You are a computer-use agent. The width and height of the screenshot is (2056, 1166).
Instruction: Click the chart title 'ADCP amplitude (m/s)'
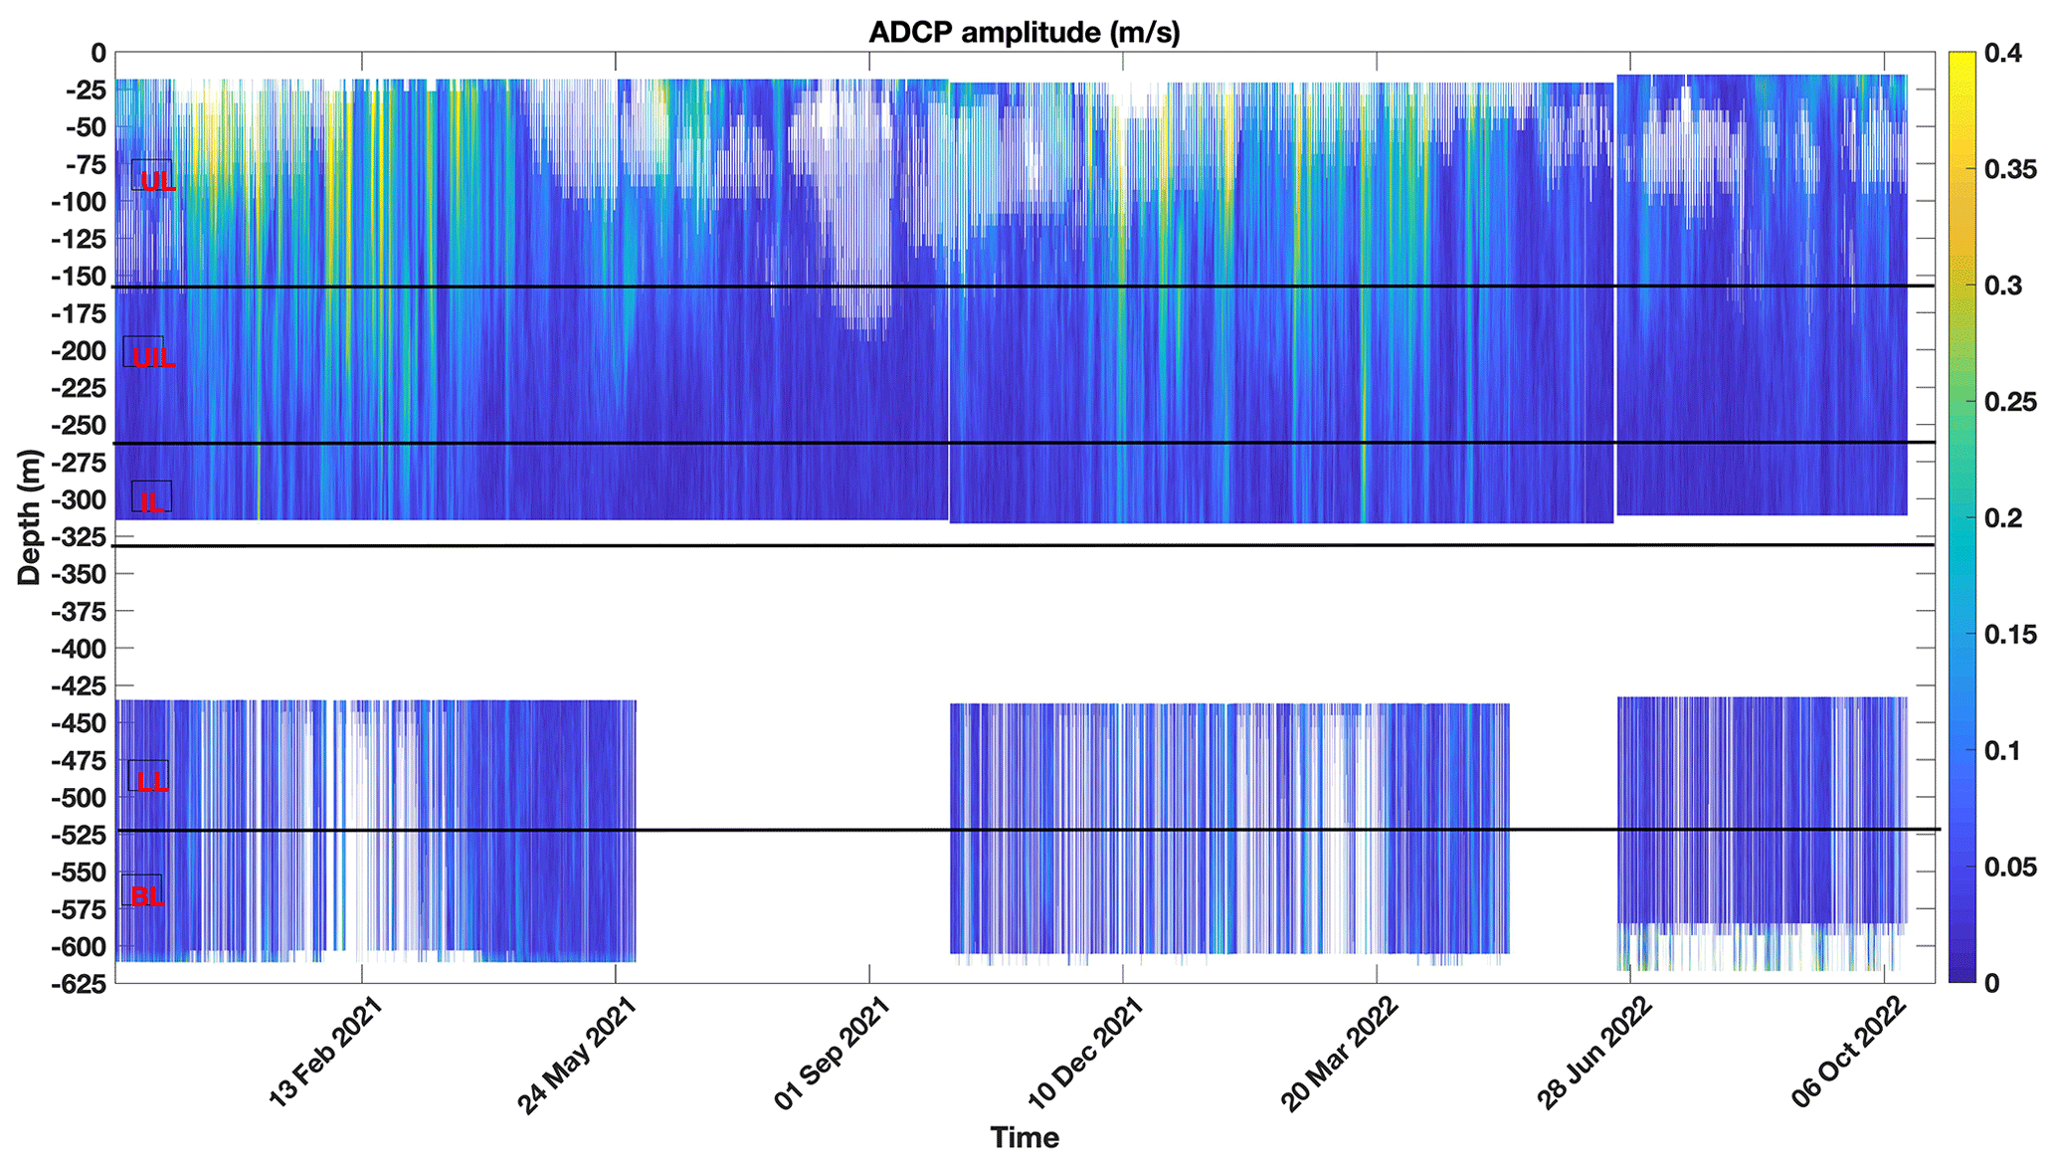1024,32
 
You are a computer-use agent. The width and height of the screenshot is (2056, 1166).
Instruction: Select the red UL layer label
157,181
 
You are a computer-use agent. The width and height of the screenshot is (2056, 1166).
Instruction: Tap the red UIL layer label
153,358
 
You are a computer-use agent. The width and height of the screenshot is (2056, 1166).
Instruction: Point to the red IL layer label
152,502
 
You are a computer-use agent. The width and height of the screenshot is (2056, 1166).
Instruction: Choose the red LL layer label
151,782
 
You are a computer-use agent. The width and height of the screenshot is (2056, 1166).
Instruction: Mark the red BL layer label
147,896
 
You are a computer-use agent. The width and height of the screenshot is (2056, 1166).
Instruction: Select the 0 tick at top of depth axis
97,53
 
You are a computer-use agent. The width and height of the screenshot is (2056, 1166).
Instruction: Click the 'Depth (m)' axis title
30,517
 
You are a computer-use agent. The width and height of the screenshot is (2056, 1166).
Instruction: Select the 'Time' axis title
1025,1137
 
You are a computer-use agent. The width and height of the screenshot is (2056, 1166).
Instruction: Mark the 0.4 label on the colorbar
2002,54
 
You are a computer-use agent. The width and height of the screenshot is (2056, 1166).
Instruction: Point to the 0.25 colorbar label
2009,402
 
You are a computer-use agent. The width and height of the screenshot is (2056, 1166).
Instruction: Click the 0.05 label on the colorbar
2009,867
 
